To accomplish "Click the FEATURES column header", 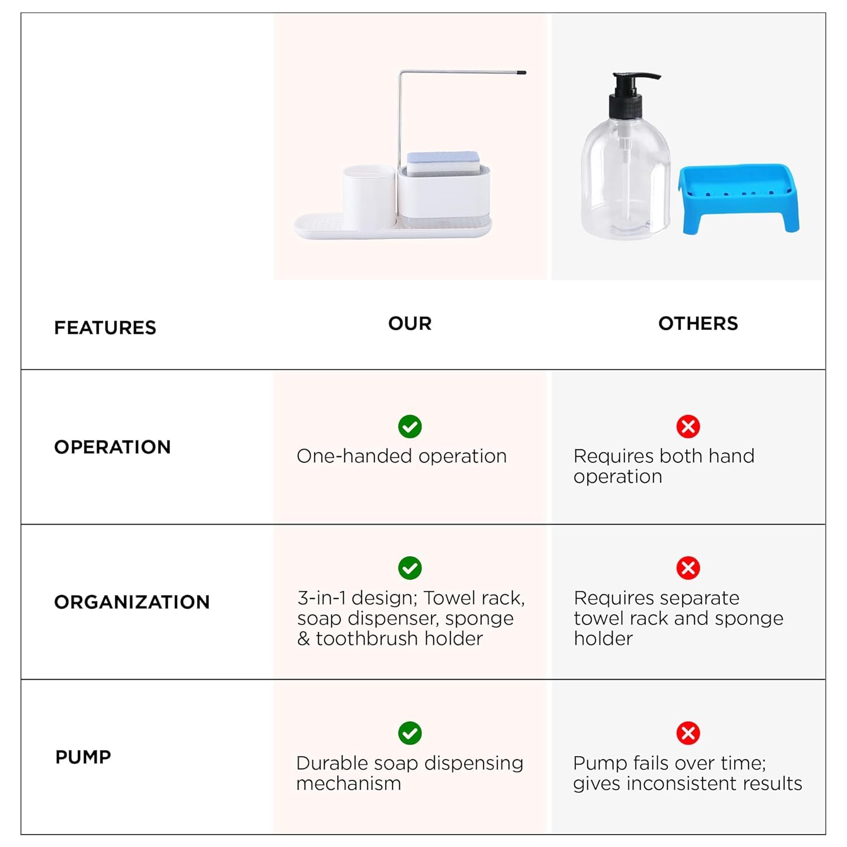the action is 105,328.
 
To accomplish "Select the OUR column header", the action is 410,324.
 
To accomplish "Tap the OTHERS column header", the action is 698,324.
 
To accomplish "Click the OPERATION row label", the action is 112,447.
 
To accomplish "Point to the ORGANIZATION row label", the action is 132,602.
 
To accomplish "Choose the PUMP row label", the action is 83,757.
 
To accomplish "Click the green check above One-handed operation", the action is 410,426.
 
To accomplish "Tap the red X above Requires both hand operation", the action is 688,426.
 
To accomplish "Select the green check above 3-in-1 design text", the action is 410,568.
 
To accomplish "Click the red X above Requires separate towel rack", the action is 688,568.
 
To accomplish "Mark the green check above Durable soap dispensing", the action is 410,733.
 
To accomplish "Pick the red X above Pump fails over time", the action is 688,733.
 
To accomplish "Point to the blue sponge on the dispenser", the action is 443,161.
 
